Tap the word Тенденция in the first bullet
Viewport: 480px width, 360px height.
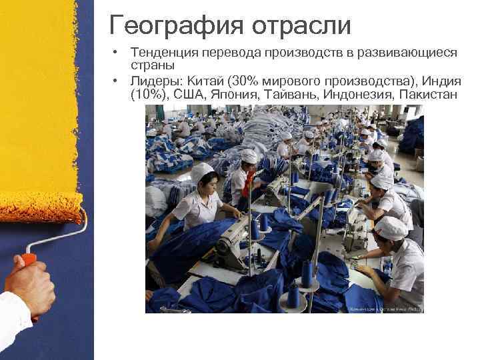pos(164,52)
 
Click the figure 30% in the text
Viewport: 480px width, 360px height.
pos(243,81)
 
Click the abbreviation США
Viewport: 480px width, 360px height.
pos(191,95)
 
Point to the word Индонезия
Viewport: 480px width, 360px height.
pos(359,95)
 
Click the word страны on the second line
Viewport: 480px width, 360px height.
pos(153,65)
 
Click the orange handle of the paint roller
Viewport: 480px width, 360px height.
pos(29,258)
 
